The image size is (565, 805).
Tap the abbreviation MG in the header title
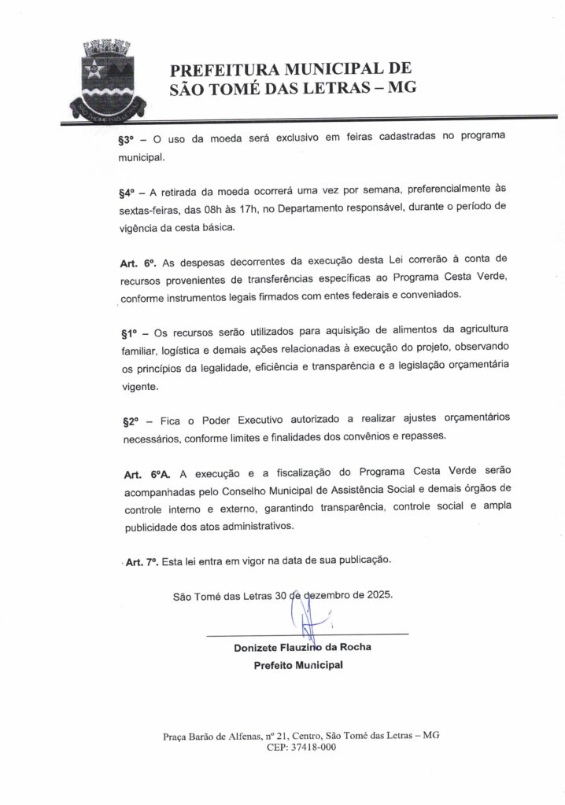click(399, 87)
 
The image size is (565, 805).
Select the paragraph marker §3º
click(127, 137)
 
